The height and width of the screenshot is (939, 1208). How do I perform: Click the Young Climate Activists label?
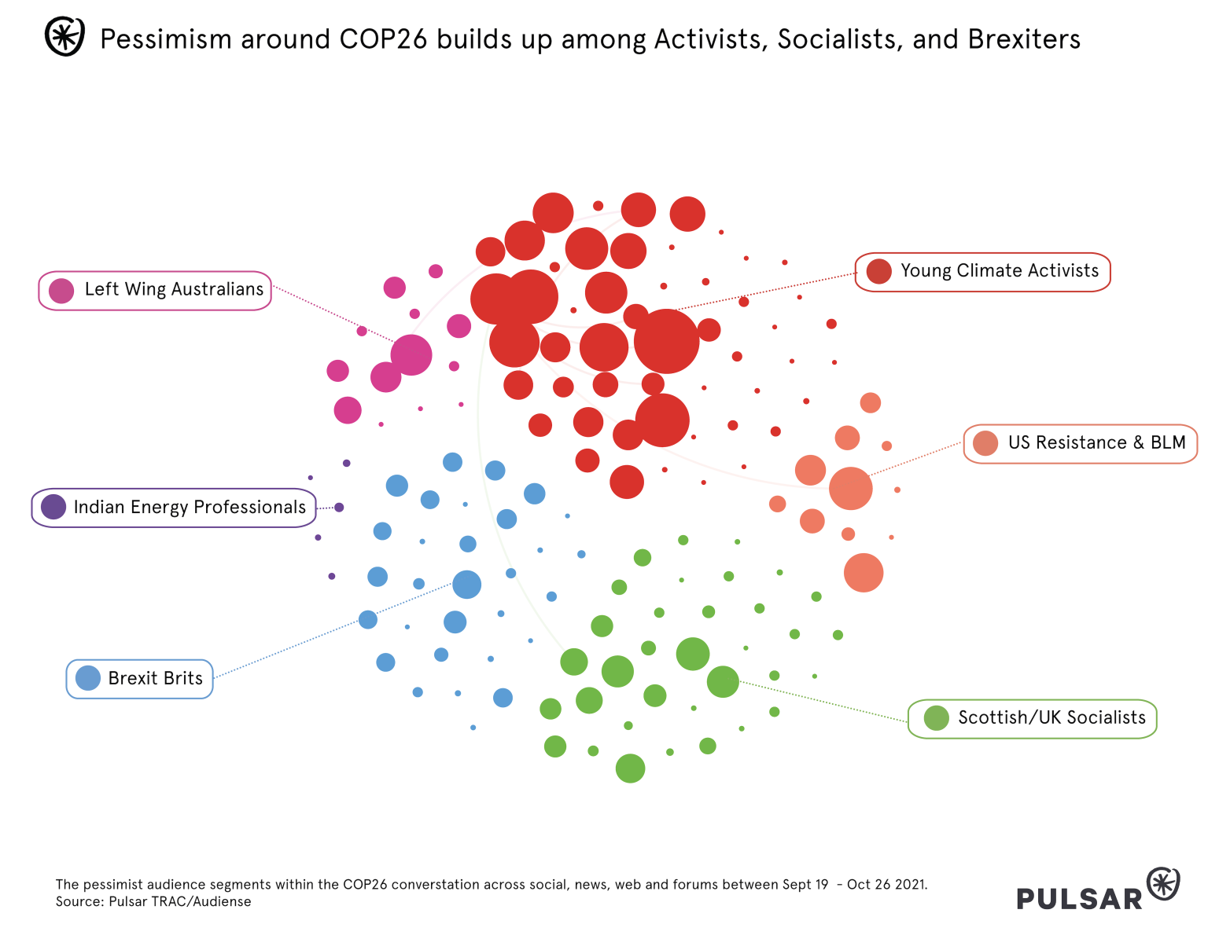pyautogui.click(x=999, y=271)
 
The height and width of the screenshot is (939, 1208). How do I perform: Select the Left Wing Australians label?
pyautogui.click(x=174, y=290)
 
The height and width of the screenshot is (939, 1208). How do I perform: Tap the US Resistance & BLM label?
pyautogui.click(x=1096, y=443)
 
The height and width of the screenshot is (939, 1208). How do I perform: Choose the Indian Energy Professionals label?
pyautogui.click(x=190, y=508)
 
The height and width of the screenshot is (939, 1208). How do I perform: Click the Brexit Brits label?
pyautogui.click(x=155, y=679)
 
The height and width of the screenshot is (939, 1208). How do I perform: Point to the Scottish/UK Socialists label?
pyautogui.click(x=1051, y=718)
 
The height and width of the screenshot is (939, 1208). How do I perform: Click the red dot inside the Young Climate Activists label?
pyautogui.click(x=878, y=271)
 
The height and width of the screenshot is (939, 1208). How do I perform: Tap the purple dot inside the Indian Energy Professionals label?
pyautogui.click(x=53, y=507)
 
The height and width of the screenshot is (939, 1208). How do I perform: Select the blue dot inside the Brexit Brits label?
pyautogui.click(x=88, y=678)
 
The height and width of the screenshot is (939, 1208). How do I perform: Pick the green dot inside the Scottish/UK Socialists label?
pyautogui.click(x=936, y=718)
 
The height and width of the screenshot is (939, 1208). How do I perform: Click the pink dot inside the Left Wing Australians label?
pyautogui.click(x=61, y=291)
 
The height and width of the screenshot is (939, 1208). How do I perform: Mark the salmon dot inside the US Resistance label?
pyautogui.click(x=985, y=443)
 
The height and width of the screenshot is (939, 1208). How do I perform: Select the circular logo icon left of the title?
pyautogui.click(x=64, y=37)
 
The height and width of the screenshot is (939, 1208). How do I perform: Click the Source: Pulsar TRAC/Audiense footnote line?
pyautogui.click(x=153, y=902)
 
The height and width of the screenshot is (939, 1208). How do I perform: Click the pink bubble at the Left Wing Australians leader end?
pyautogui.click(x=411, y=354)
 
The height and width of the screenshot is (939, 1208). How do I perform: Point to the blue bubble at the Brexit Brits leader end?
pyautogui.click(x=466, y=585)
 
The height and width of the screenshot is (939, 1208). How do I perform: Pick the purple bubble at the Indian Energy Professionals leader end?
pyautogui.click(x=339, y=508)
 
